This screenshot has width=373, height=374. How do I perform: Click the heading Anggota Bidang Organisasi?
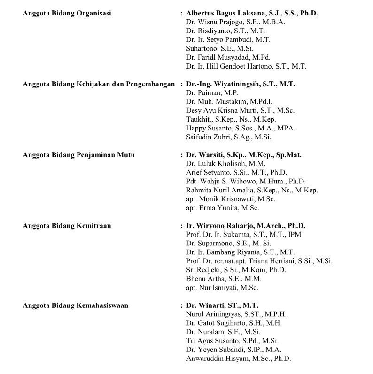pos(67,13)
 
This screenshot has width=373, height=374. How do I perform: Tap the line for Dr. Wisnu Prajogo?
pos(235,22)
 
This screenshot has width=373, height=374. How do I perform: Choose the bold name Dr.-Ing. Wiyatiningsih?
pos(241,84)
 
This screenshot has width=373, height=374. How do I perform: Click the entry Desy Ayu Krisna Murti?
pos(240,111)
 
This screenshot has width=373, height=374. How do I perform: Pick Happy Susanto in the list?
pos(241,128)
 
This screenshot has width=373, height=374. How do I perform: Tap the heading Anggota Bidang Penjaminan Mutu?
pos(78,155)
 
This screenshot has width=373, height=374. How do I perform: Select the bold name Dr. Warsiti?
pos(243,155)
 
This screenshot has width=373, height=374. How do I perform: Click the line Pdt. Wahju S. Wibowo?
pos(246,182)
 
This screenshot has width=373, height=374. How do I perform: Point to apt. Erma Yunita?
pos(223,208)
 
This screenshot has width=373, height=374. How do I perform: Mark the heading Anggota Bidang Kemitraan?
pos(67,226)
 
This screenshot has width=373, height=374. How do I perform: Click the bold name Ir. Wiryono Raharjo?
pos(245,226)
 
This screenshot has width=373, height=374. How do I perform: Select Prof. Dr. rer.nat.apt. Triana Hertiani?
pos(259,261)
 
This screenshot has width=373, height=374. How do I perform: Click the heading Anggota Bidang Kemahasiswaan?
pos(75,305)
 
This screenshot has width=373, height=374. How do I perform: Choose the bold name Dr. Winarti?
pos(222,305)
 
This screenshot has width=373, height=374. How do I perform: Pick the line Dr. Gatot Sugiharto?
pos(233,323)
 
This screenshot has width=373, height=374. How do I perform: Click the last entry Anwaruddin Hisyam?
pos(238,359)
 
